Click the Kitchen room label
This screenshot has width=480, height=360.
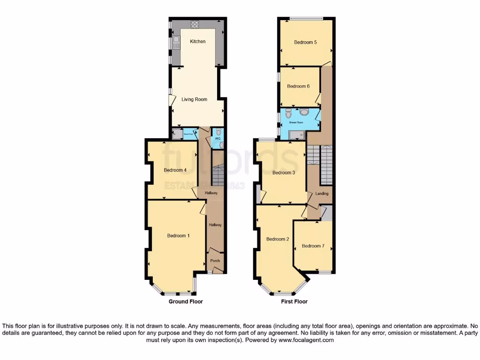pyautogui.click(x=197, y=42)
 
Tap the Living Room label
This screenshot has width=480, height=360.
pyautogui.click(x=194, y=99)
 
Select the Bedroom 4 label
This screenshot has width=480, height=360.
pyautogui.click(x=175, y=170)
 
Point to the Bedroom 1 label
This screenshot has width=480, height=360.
pyautogui.click(x=178, y=236)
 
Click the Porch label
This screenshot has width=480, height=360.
pyautogui.click(x=215, y=261)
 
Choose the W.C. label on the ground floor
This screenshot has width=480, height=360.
pyautogui.click(x=217, y=139)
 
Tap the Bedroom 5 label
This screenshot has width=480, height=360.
pyautogui.click(x=306, y=42)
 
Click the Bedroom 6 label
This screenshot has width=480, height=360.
pyautogui.click(x=298, y=86)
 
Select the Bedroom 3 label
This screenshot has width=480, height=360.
pyautogui.click(x=284, y=172)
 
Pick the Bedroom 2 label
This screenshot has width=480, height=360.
pyautogui.click(x=277, y=239)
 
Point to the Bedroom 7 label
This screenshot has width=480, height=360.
pyautogui.click(x=313, y=246)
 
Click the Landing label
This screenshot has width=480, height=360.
pyautogui.click(x=322, y=194)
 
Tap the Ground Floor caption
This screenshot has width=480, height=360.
pyautogui.click(x=186, y=302)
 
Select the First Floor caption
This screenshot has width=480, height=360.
pyautogui.click(x=294, y=302)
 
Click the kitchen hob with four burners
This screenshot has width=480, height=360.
pyautogui.click(x=195, y=25)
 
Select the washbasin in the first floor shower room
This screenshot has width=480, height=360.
pyautogui.click(x=303, y=112)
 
